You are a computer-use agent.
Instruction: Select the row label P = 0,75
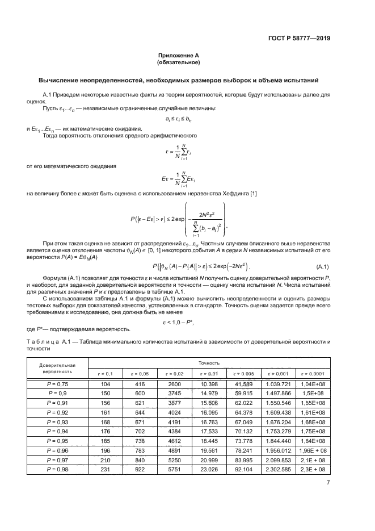tap(57, 384)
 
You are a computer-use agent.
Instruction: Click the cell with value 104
tap(106, 384)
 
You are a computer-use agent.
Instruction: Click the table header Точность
tap(209, 362)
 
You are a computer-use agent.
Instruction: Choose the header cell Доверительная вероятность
tap(57, 367)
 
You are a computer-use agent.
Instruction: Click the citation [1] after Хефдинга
tap(254, 195)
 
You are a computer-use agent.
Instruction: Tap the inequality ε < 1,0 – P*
tap(180, 321)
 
